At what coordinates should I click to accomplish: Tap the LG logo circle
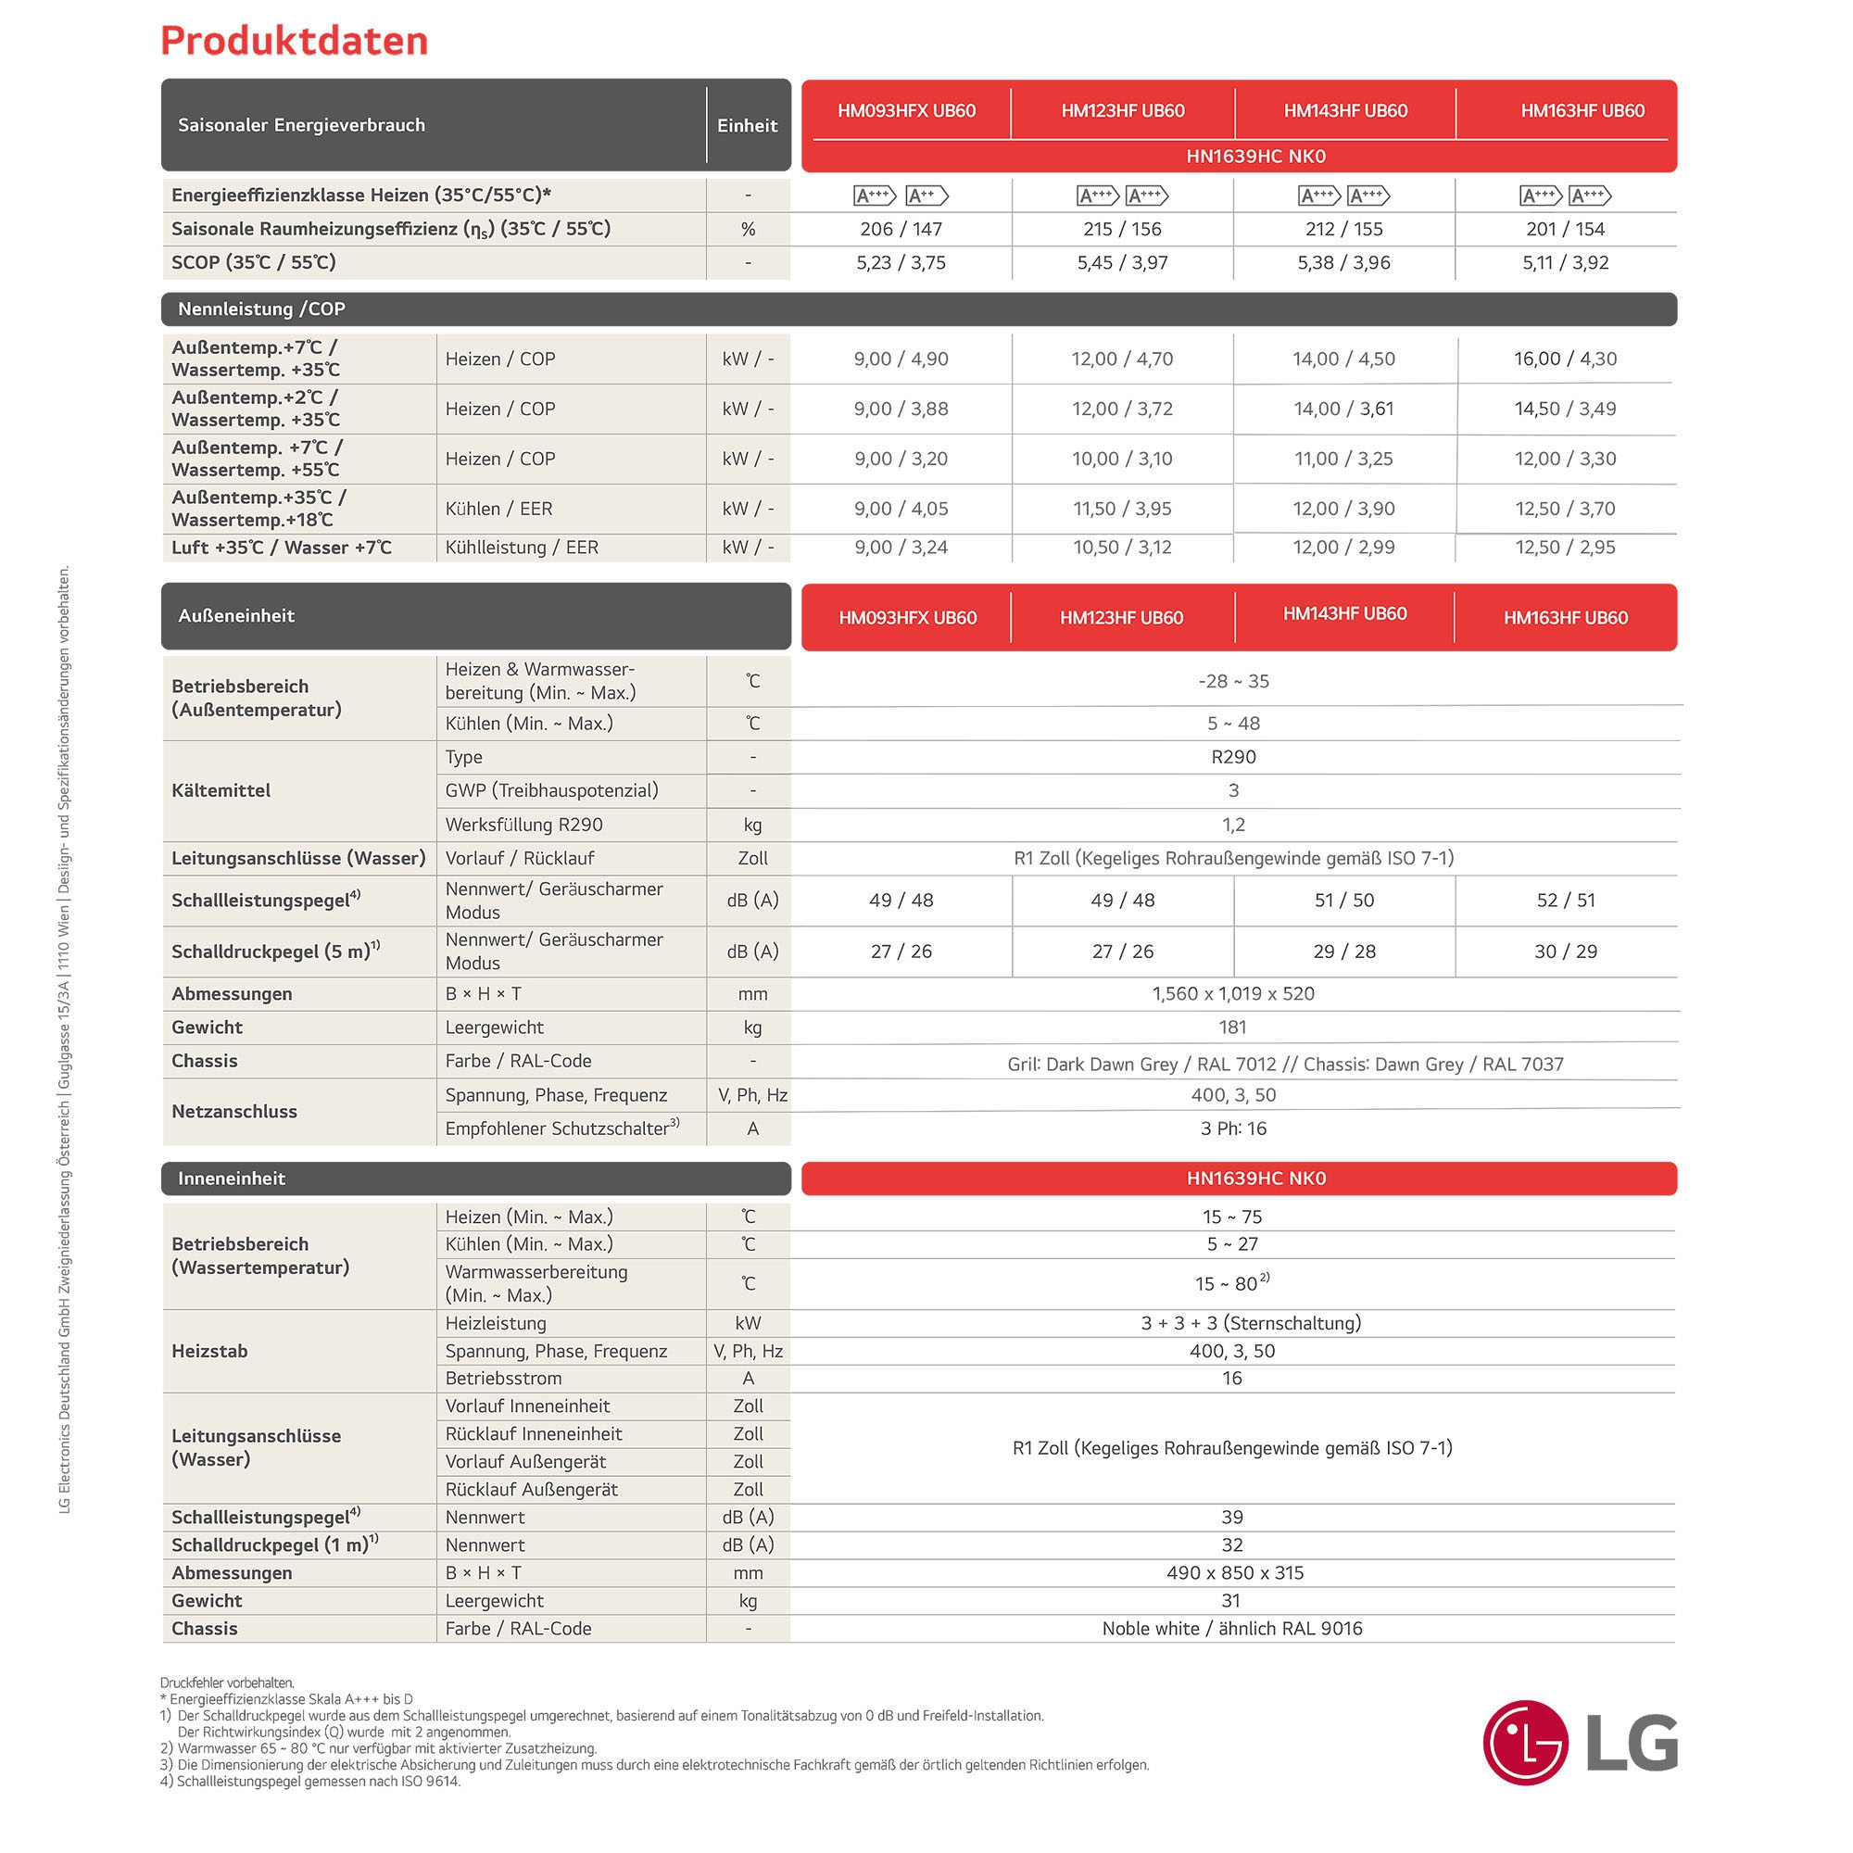pos(1524,1742)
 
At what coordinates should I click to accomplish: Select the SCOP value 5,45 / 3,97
pos(1122,263)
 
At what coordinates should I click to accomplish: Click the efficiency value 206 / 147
pos(901,229)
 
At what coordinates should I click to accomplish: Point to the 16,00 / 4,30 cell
pos(1565,359)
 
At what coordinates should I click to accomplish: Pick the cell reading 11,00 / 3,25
pos(1343,459)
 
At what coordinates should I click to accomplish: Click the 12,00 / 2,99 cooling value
pos(1343,548)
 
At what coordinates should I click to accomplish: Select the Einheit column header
pos(747,126)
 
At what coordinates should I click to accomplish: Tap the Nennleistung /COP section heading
pos(261,309)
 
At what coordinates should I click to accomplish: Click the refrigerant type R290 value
pos(1233,757)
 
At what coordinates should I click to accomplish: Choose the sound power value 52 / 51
pos(1565,901)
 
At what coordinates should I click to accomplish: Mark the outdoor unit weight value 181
pos(1232,1027)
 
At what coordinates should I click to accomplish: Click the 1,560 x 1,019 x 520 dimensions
pos(1233,993)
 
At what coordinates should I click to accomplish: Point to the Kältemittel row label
pos(221,790)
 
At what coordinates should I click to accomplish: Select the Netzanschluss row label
pos(234,1112)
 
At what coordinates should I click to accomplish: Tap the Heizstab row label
pos(209,1351)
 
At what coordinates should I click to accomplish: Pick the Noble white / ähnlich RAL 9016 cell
pos(1231,1629)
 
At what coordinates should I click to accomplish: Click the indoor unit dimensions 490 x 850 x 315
pos(1231,1573)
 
